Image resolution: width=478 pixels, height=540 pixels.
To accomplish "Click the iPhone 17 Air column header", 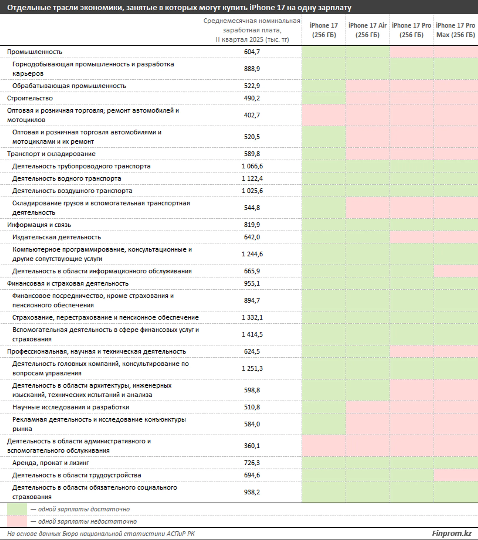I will tap(367, 30).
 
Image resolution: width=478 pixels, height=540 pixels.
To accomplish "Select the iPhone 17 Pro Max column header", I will tap(456, 30).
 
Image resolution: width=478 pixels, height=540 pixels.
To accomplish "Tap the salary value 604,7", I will tap(252, 52).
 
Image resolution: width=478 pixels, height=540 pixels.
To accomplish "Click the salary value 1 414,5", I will tap(252, 334).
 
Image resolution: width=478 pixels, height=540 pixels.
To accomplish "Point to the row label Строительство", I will tap(30, 98).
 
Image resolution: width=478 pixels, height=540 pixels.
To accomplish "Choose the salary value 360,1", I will tap(252, 446).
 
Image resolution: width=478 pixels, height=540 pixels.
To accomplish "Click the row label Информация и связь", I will tap(39, 225).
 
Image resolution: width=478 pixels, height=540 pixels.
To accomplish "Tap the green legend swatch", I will tap(17, 509).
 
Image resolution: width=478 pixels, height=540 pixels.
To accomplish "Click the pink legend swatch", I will tap(17, 521).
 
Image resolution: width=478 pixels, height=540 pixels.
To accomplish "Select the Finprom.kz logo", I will tap(452, 533).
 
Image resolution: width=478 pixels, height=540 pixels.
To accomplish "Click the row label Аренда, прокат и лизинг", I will tap(50, 463).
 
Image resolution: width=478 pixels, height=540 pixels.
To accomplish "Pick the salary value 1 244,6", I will tap(252, 254).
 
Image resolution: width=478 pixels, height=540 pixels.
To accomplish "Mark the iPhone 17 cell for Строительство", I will tap(324, 98).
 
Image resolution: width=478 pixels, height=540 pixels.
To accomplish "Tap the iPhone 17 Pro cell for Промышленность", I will tap(411, 52).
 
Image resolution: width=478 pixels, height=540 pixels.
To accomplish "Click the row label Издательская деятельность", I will tap(57, 237).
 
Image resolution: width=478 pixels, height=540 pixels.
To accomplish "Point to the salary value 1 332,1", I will tap(252, 317).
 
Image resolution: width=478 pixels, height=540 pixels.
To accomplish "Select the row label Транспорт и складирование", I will tap(51, 154).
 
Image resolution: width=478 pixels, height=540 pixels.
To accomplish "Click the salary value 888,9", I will tap(252, 69).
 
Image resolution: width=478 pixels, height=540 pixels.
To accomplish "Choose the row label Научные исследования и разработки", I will tap(71, 407).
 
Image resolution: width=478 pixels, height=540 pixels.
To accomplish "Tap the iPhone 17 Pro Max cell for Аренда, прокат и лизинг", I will tap(456, 463).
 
